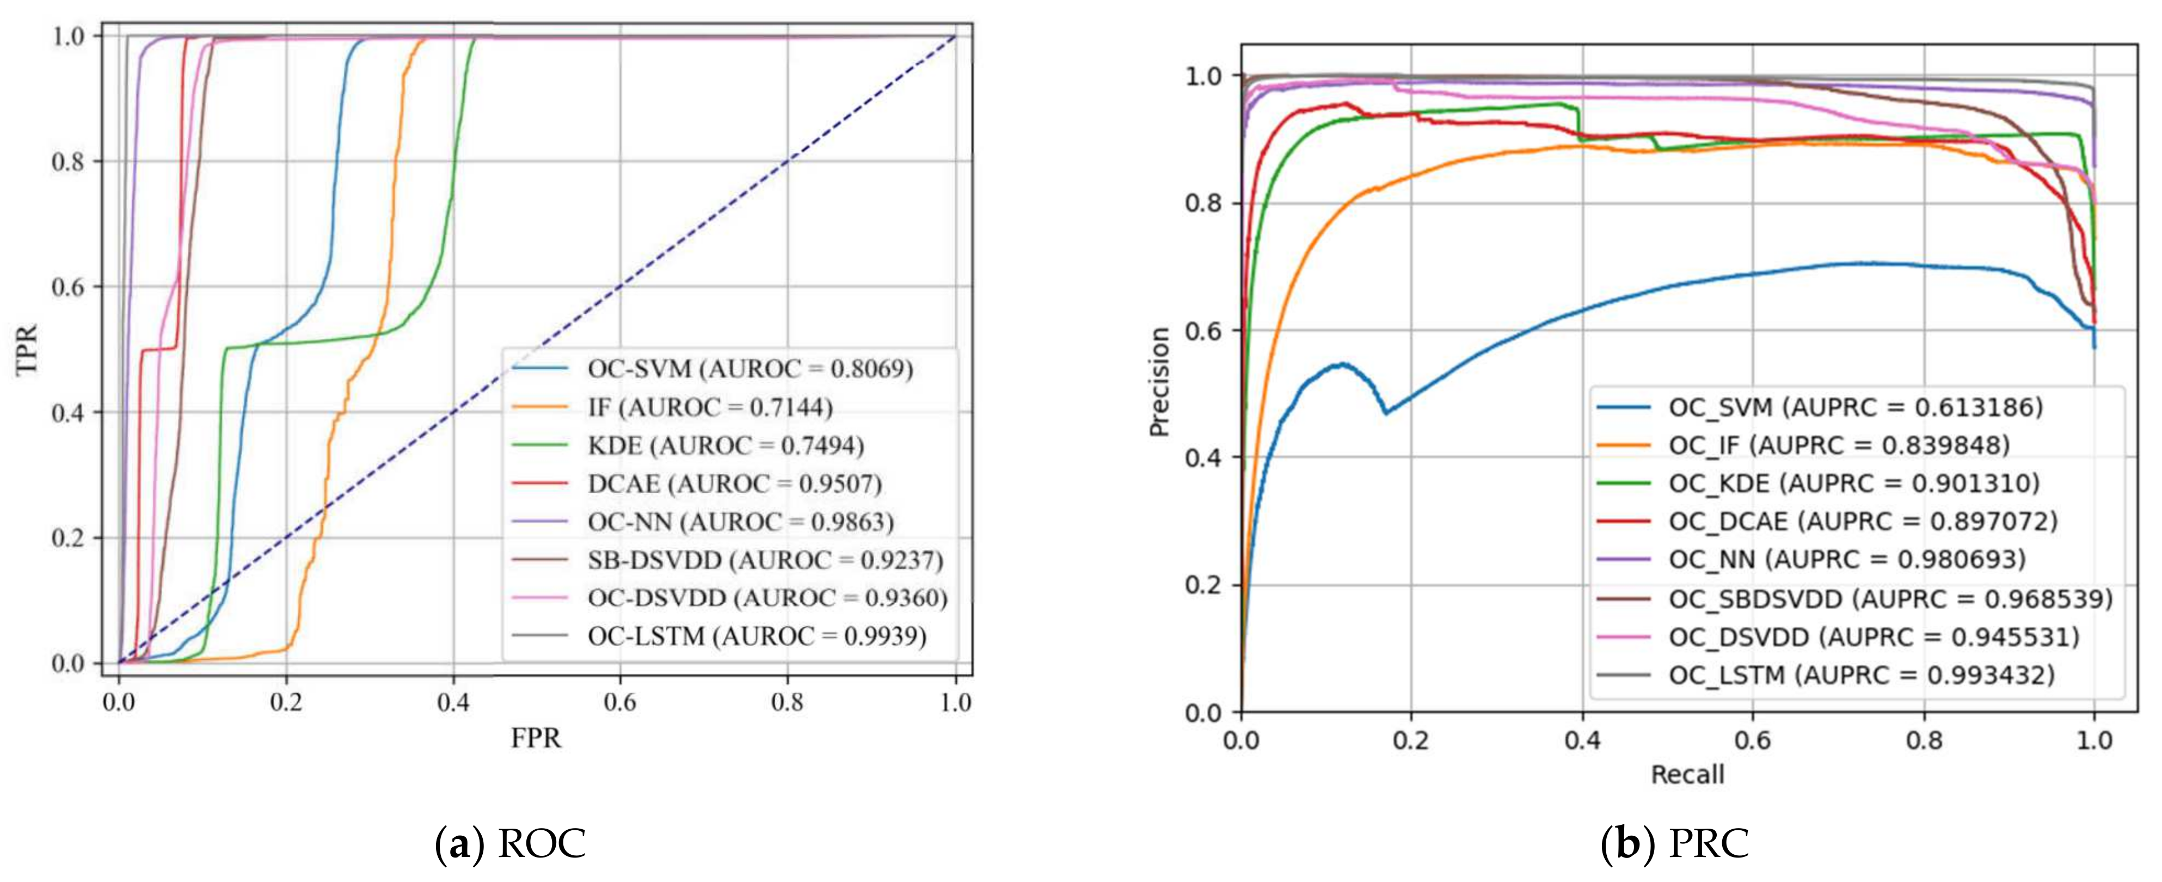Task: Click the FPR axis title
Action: click(x=536, y=738)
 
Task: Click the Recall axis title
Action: click(x=1687, y=775)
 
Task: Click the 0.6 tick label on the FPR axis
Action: click(x=620, y=702)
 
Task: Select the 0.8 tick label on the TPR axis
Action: click(x=69, y=161)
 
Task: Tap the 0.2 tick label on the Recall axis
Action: click(x=1412, y=740)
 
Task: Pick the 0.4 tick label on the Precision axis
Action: click(x=1203, y=458)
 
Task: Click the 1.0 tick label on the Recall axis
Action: click(x=2093, y=740)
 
